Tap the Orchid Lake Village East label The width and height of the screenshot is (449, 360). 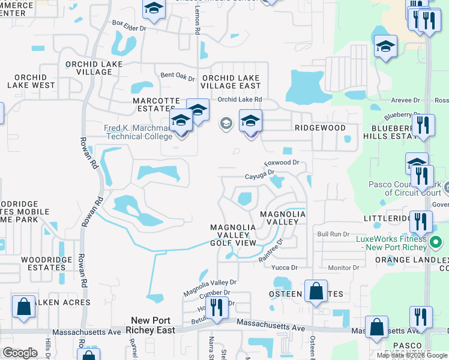(x=231, y=82)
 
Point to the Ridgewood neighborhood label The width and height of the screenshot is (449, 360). (x=320, y=128)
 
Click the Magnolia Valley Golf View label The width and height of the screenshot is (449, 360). (x=233, y=235)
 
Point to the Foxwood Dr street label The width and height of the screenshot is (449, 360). (x=282, y=163)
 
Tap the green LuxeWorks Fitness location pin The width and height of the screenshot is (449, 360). (x=436, y=243)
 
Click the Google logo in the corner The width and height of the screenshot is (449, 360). (x=20, y=352)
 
